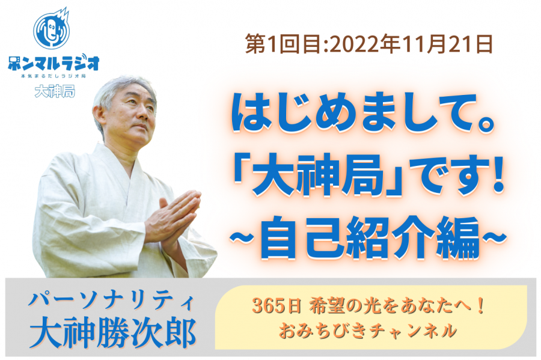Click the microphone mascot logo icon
(52, 29)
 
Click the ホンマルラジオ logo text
(53, 64)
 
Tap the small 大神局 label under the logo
(55, 92)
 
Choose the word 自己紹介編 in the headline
(369, 239)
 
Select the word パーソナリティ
(111, 301)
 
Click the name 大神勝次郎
(112, 333)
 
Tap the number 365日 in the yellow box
(277, 306)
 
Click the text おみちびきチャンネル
(368, 331)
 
